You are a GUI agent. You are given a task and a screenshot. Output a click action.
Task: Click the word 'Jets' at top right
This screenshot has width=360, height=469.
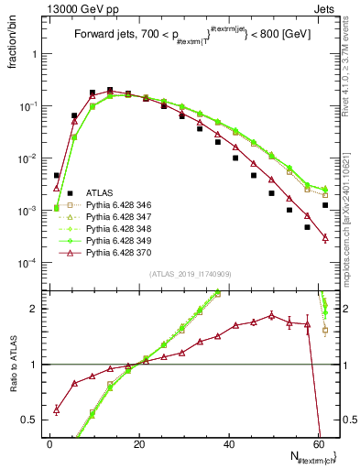(327, 9)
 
